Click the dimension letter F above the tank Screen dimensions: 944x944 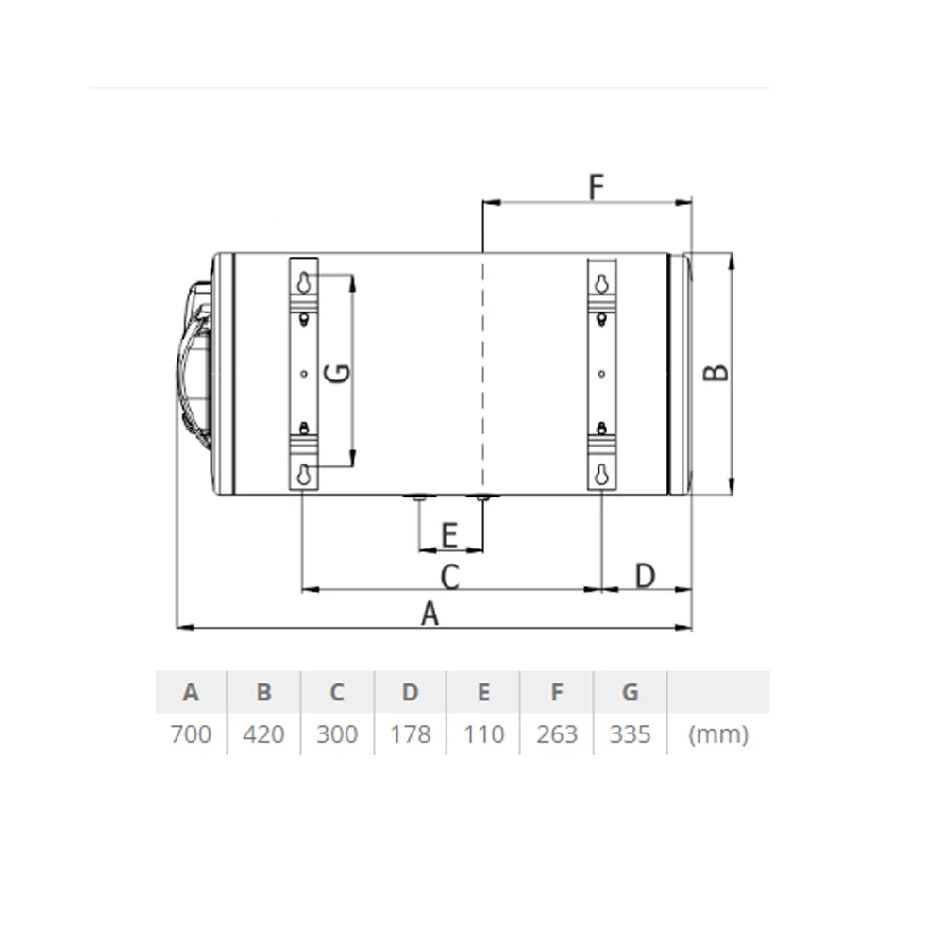pos(596,187)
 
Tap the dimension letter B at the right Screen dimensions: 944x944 pos(716,373)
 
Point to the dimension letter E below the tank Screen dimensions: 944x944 pos(449,535)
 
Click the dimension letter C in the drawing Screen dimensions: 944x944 pos(449,577)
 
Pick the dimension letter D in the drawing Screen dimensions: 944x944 pos(645,576)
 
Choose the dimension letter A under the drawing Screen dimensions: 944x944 pos(430,615)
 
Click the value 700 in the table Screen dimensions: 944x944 pos(191,734)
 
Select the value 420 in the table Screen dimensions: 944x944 pos(263,734)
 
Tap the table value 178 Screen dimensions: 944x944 pos(410,734)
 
